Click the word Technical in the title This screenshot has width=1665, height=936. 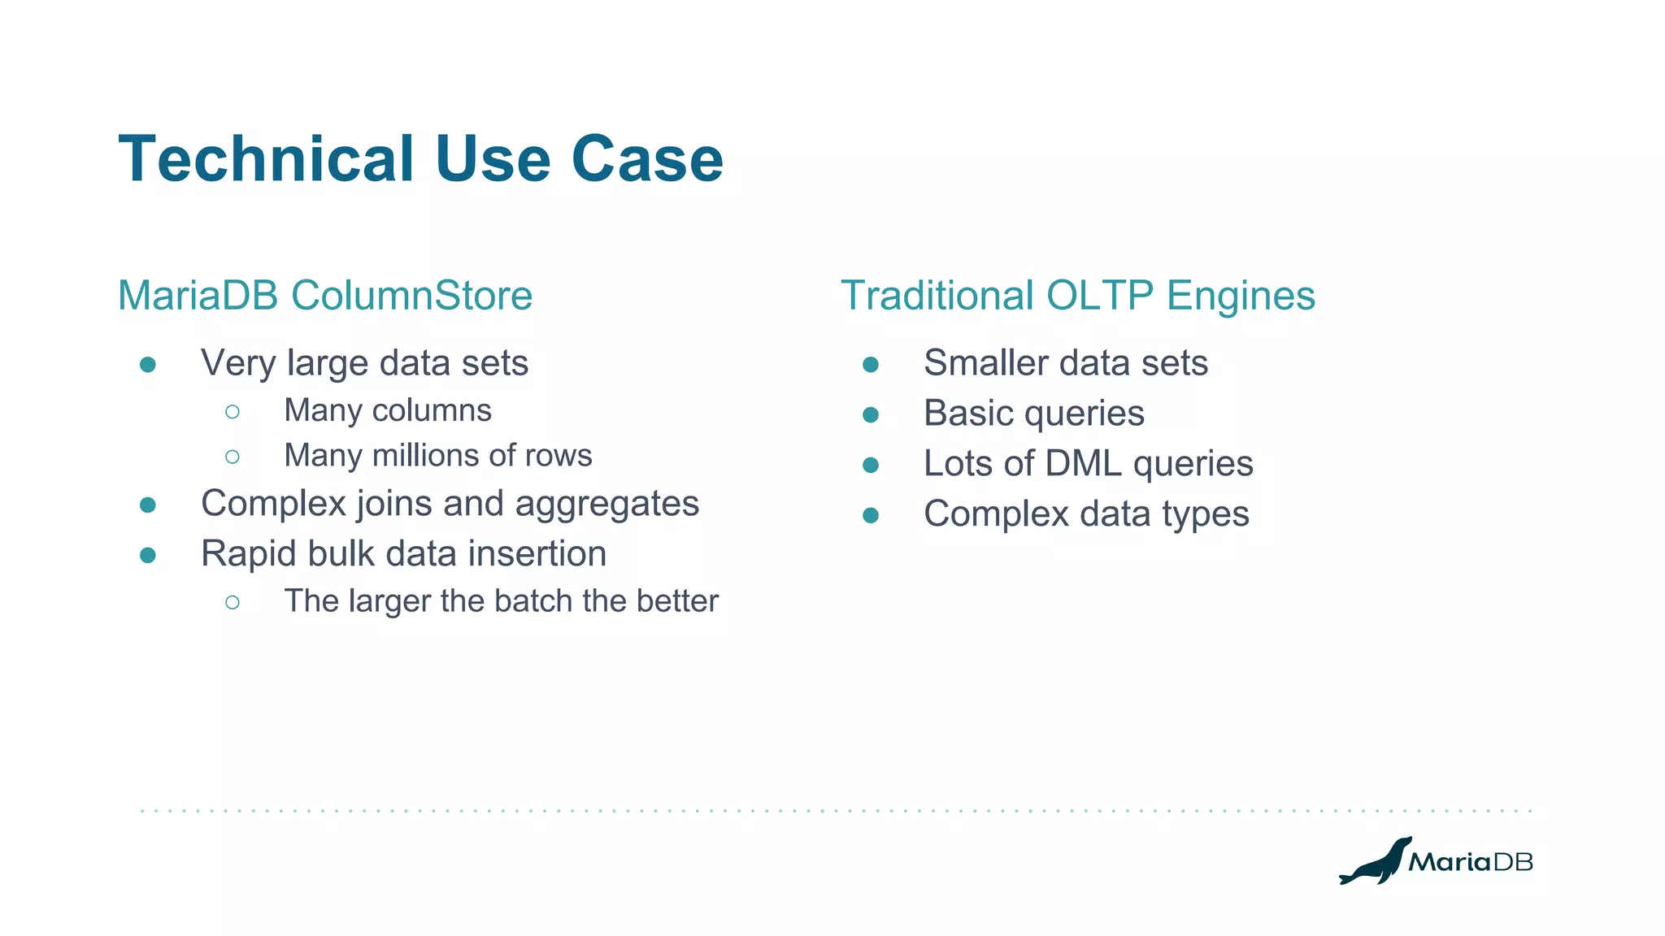[x=267, y=159]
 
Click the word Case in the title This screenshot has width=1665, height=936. [x=647, y=159]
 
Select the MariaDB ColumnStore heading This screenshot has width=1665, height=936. [x=325, y=295]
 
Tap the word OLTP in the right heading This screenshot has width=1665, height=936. [x=1099, y=295]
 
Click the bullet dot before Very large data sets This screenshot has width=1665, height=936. [x=148, y=364]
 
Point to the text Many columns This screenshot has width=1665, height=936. [x=388, y=410]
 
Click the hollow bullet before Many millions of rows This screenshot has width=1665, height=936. [x=233, y=457]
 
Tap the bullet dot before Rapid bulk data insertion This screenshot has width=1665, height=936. [x=148, y=555]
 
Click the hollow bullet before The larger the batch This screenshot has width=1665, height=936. [x=233, y=602]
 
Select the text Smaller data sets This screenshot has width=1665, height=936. [x=1065, y=362]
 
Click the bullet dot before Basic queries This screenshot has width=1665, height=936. [x=871, y=415]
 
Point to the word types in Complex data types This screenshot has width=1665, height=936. [x=1205, y=514]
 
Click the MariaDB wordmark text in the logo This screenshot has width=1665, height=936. [x=1470, y=862]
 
